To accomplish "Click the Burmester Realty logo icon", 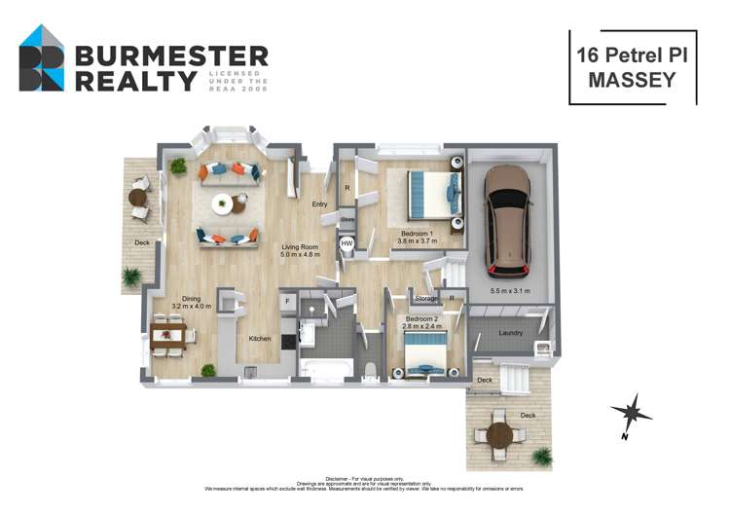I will [42, 59].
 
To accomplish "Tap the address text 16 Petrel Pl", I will [632, 55].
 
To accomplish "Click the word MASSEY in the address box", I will [632, 81].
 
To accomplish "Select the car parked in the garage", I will [509, 221].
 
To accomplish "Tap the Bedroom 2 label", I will [423, 319].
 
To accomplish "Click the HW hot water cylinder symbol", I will [347, 243].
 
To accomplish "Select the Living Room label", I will [301, 247].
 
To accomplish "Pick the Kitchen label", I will [259, 339].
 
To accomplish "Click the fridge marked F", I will [287, 303].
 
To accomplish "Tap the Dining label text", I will [190, 300].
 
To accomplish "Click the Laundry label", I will [511, 333].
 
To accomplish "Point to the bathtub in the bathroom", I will [323, 370].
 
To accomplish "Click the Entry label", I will [319, 204].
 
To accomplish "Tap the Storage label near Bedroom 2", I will [425, 299].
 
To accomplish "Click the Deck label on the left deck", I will [142, 242].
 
